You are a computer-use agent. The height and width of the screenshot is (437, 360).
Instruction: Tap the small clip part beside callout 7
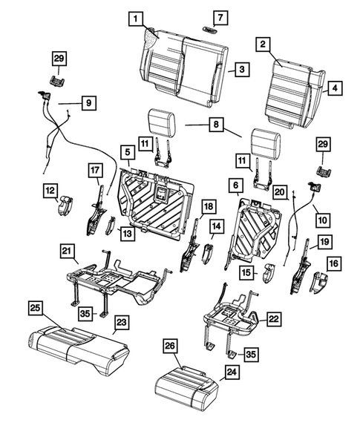pyautogui.click(x=212, y=30)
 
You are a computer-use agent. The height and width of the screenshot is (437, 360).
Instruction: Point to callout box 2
pyautogui.click(x=262, y=44)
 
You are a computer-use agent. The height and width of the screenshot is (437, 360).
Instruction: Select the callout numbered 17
pyautogui.click(x=94, y=170)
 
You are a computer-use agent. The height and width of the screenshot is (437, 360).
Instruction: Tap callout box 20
pyautogui.click(x=280, y=192)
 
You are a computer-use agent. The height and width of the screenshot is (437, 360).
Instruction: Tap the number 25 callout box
pyautogui.click(x=34, y=306)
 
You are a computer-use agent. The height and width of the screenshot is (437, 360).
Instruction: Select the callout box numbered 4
pyautogui.click(x=336, y=88)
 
